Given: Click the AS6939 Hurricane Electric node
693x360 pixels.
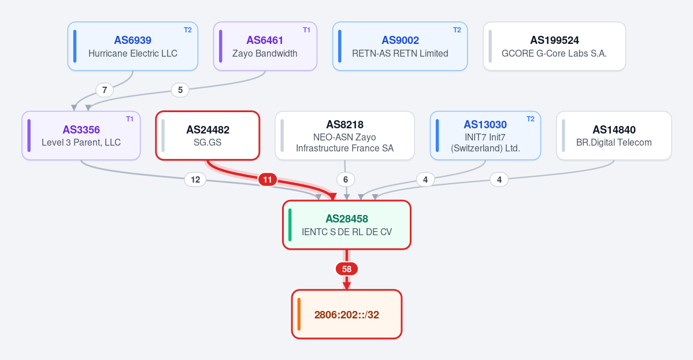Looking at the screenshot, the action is coord(132,46).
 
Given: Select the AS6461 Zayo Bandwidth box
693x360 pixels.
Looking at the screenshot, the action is coord(265,46).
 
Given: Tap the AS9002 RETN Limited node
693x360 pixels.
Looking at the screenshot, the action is coord(400,46).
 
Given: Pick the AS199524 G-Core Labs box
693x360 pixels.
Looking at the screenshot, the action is coord(554,46).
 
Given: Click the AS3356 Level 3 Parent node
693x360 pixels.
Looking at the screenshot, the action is coord(81,136).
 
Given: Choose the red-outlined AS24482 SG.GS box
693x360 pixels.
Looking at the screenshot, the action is coord(207,136).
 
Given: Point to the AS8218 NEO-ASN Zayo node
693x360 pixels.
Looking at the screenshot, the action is coord(344,136).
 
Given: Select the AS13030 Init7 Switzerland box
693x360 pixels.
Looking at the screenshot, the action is coord(486,136).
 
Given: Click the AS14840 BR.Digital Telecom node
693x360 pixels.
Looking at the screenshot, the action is coord(614,136).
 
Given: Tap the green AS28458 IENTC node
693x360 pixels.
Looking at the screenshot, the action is coord(347,225).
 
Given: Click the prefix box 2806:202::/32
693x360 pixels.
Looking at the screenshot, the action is coord(347,314).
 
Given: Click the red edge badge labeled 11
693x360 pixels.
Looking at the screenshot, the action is coord(268,180).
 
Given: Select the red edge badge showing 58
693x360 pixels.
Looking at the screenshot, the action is coord(347,269).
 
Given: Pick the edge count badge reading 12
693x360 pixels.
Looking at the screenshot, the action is coord(195,180).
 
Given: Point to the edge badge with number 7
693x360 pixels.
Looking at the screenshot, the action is coord(104,90).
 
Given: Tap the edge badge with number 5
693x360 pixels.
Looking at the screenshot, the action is coord(180,90).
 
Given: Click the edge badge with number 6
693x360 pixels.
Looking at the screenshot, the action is coord(346,180).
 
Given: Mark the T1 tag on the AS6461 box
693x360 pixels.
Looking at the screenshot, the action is coord(306,30).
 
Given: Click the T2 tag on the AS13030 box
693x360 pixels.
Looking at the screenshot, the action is coord(531,119).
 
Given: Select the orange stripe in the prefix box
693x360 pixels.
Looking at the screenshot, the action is coord(299,314).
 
